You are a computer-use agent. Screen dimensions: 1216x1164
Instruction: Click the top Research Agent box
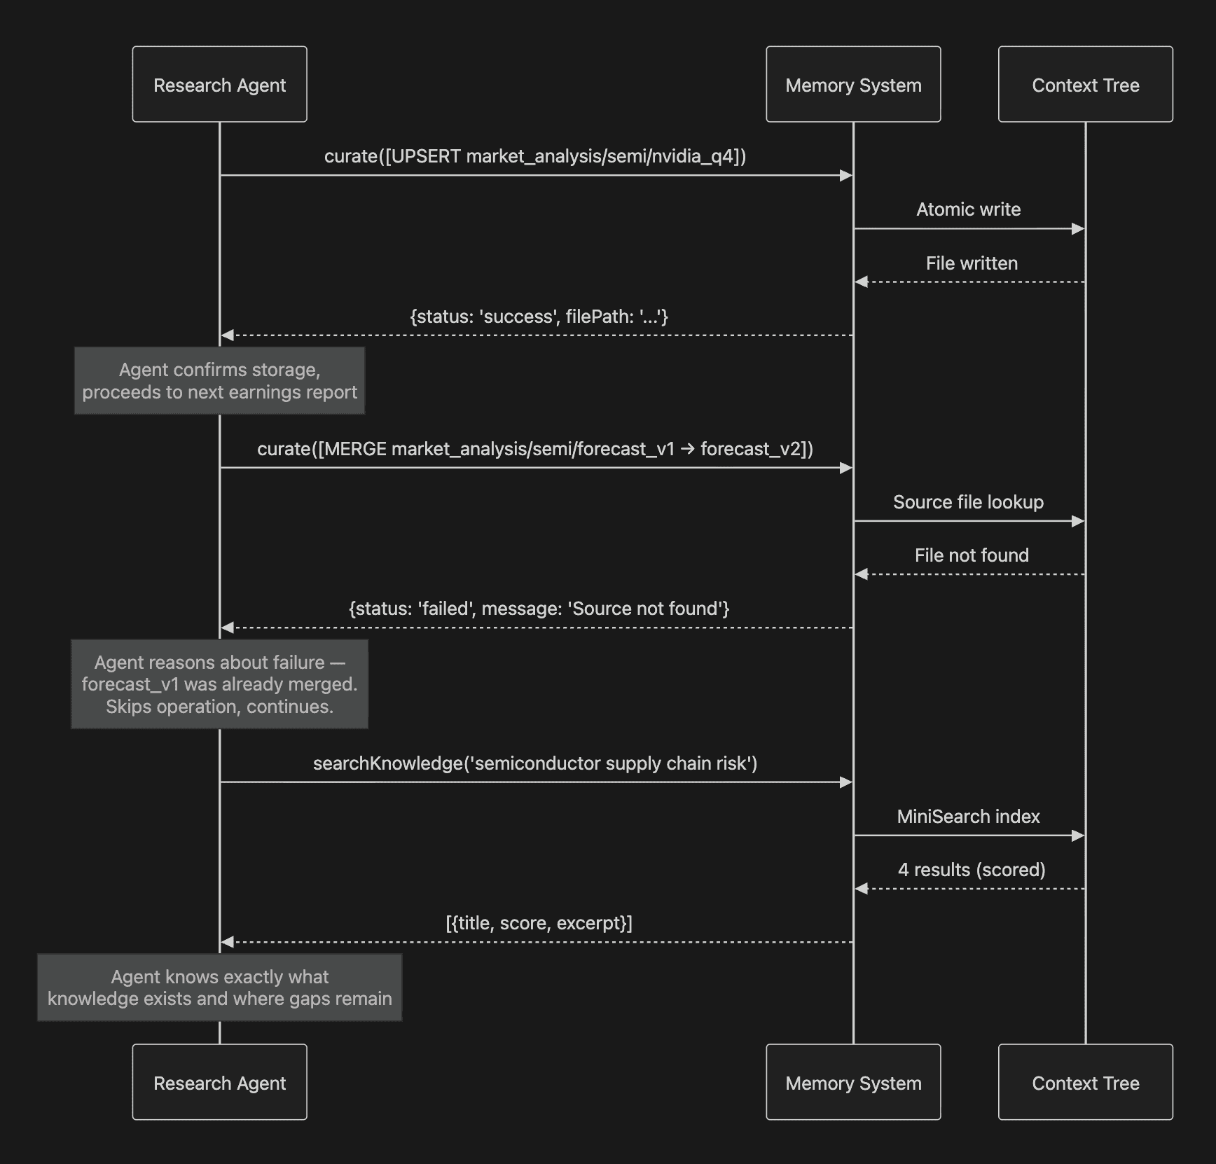tap(219, 84)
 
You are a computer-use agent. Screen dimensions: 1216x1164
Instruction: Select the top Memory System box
tap(853, 84)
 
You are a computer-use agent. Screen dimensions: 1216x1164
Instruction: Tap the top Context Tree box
tap(1086, 84)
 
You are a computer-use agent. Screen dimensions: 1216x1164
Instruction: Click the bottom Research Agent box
tap(219, 1082)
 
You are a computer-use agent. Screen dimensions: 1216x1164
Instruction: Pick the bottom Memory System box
tap(853, 1082)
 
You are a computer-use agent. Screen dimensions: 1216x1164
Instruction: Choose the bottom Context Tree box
tap(1086, 1082)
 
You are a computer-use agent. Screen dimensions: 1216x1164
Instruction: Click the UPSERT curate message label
tap(535, 156)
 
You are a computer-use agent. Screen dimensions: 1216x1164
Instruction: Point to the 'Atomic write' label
tap(969, 209)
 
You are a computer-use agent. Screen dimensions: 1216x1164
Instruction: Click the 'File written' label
tap(972, 263)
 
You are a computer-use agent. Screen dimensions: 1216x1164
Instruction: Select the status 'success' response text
tap(539, 317)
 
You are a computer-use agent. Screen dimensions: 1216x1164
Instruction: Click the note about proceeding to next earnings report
tap(219, 381)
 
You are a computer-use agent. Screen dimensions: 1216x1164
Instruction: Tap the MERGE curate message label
tap(535, 449)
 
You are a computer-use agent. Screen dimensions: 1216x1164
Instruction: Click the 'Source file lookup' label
tap(969, 502)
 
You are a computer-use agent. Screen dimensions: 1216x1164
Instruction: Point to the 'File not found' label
tap(972, 555)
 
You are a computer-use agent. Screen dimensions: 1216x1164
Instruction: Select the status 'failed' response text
tap(539, 609)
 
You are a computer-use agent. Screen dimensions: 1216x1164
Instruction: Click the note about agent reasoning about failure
tap(219, 684)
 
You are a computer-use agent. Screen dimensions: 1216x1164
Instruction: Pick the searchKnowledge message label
tap(535, 763)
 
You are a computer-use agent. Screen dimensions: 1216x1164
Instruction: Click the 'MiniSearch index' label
tap(969, 817)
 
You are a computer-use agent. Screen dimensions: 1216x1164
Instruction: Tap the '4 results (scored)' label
tap(972, 870)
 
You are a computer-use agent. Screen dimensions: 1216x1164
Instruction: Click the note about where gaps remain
tap(219, 988)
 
